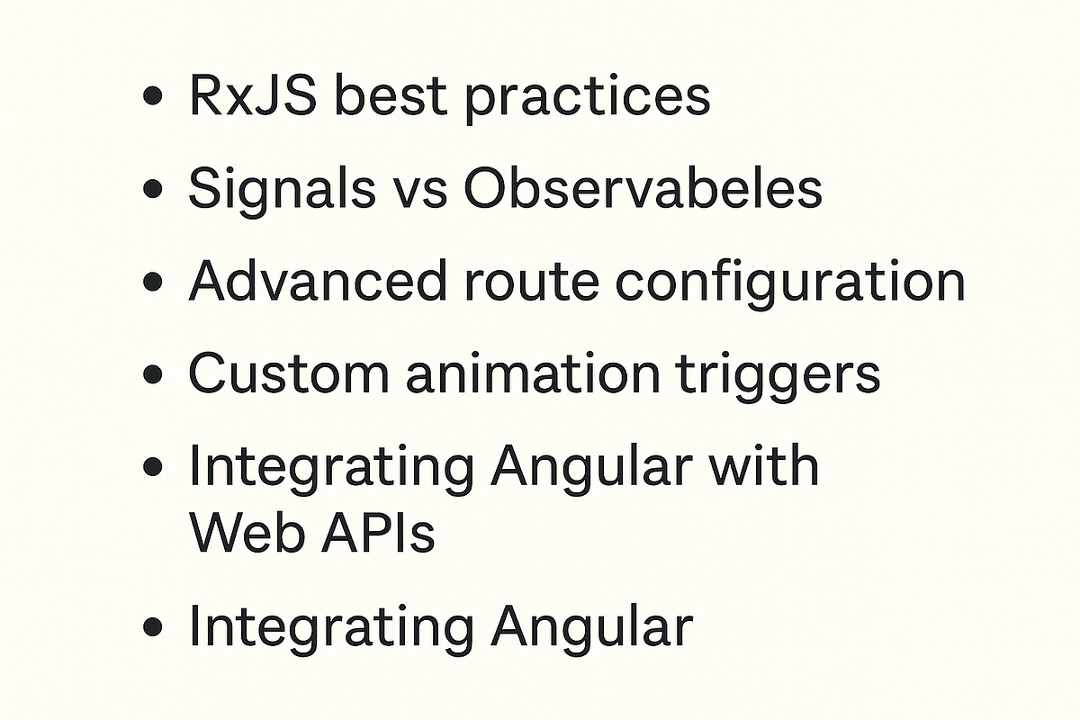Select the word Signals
[x=282, y=190]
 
